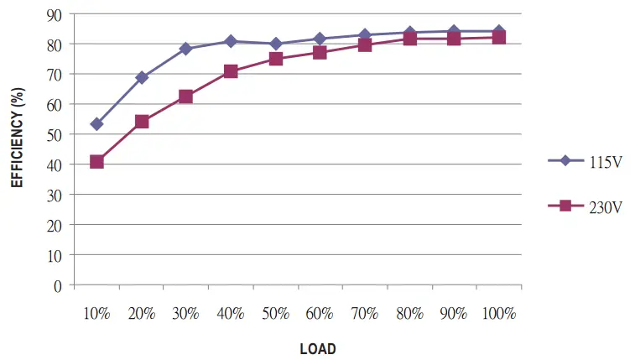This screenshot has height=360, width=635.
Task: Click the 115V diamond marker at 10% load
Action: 96,124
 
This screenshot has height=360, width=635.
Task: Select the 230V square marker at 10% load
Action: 96,161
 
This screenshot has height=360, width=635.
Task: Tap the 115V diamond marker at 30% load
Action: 186,49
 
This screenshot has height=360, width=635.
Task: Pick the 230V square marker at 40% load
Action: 231,71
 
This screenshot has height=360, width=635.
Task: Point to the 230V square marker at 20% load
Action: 142,122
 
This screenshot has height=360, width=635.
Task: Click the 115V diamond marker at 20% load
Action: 142,77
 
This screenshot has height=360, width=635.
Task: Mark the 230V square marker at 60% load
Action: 320,52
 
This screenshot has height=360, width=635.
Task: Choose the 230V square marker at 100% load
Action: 499,37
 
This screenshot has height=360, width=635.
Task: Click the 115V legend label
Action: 606,162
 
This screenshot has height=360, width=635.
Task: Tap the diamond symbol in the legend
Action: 565,161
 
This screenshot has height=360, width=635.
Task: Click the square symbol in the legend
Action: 565,206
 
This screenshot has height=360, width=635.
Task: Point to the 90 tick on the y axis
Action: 55,14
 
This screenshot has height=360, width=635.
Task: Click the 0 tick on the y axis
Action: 58,285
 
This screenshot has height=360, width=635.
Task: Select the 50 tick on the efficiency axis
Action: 55,134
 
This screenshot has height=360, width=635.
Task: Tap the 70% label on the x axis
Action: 365,314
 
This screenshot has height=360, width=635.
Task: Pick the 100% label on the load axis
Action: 499,314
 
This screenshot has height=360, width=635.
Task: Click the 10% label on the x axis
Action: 96,314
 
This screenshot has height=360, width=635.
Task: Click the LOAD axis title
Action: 318,348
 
